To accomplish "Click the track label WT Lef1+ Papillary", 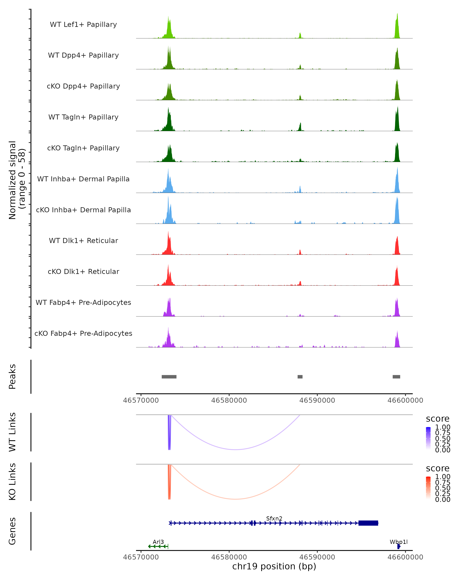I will coord(83,25).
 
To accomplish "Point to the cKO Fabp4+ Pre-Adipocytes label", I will coord(83,333).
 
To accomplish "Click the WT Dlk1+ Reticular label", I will coord(83,241).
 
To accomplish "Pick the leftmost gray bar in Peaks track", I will coord(169,377).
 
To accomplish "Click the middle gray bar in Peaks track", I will coord(300,377).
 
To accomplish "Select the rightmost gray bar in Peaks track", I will coord(396,377).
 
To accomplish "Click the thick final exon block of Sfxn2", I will coord(368,523).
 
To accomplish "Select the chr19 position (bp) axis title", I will coord(274,566).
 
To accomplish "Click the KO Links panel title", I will coord(12,482).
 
